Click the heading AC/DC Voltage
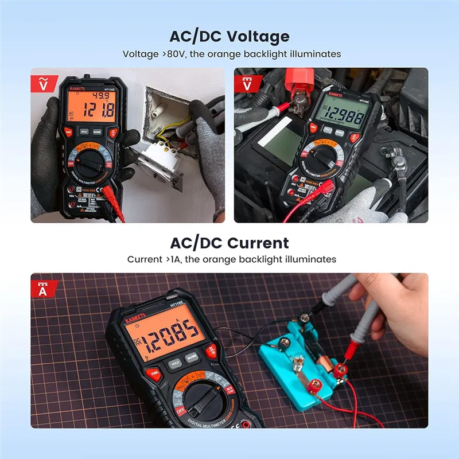coord(229,37)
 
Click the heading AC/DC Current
coord(229,242)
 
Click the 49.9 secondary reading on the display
coord(101,95)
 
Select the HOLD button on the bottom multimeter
coord(175,363)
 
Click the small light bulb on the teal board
coord(298,364)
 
